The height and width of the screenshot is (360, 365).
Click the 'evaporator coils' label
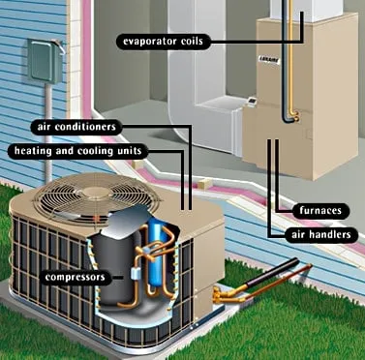(165, 41)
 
